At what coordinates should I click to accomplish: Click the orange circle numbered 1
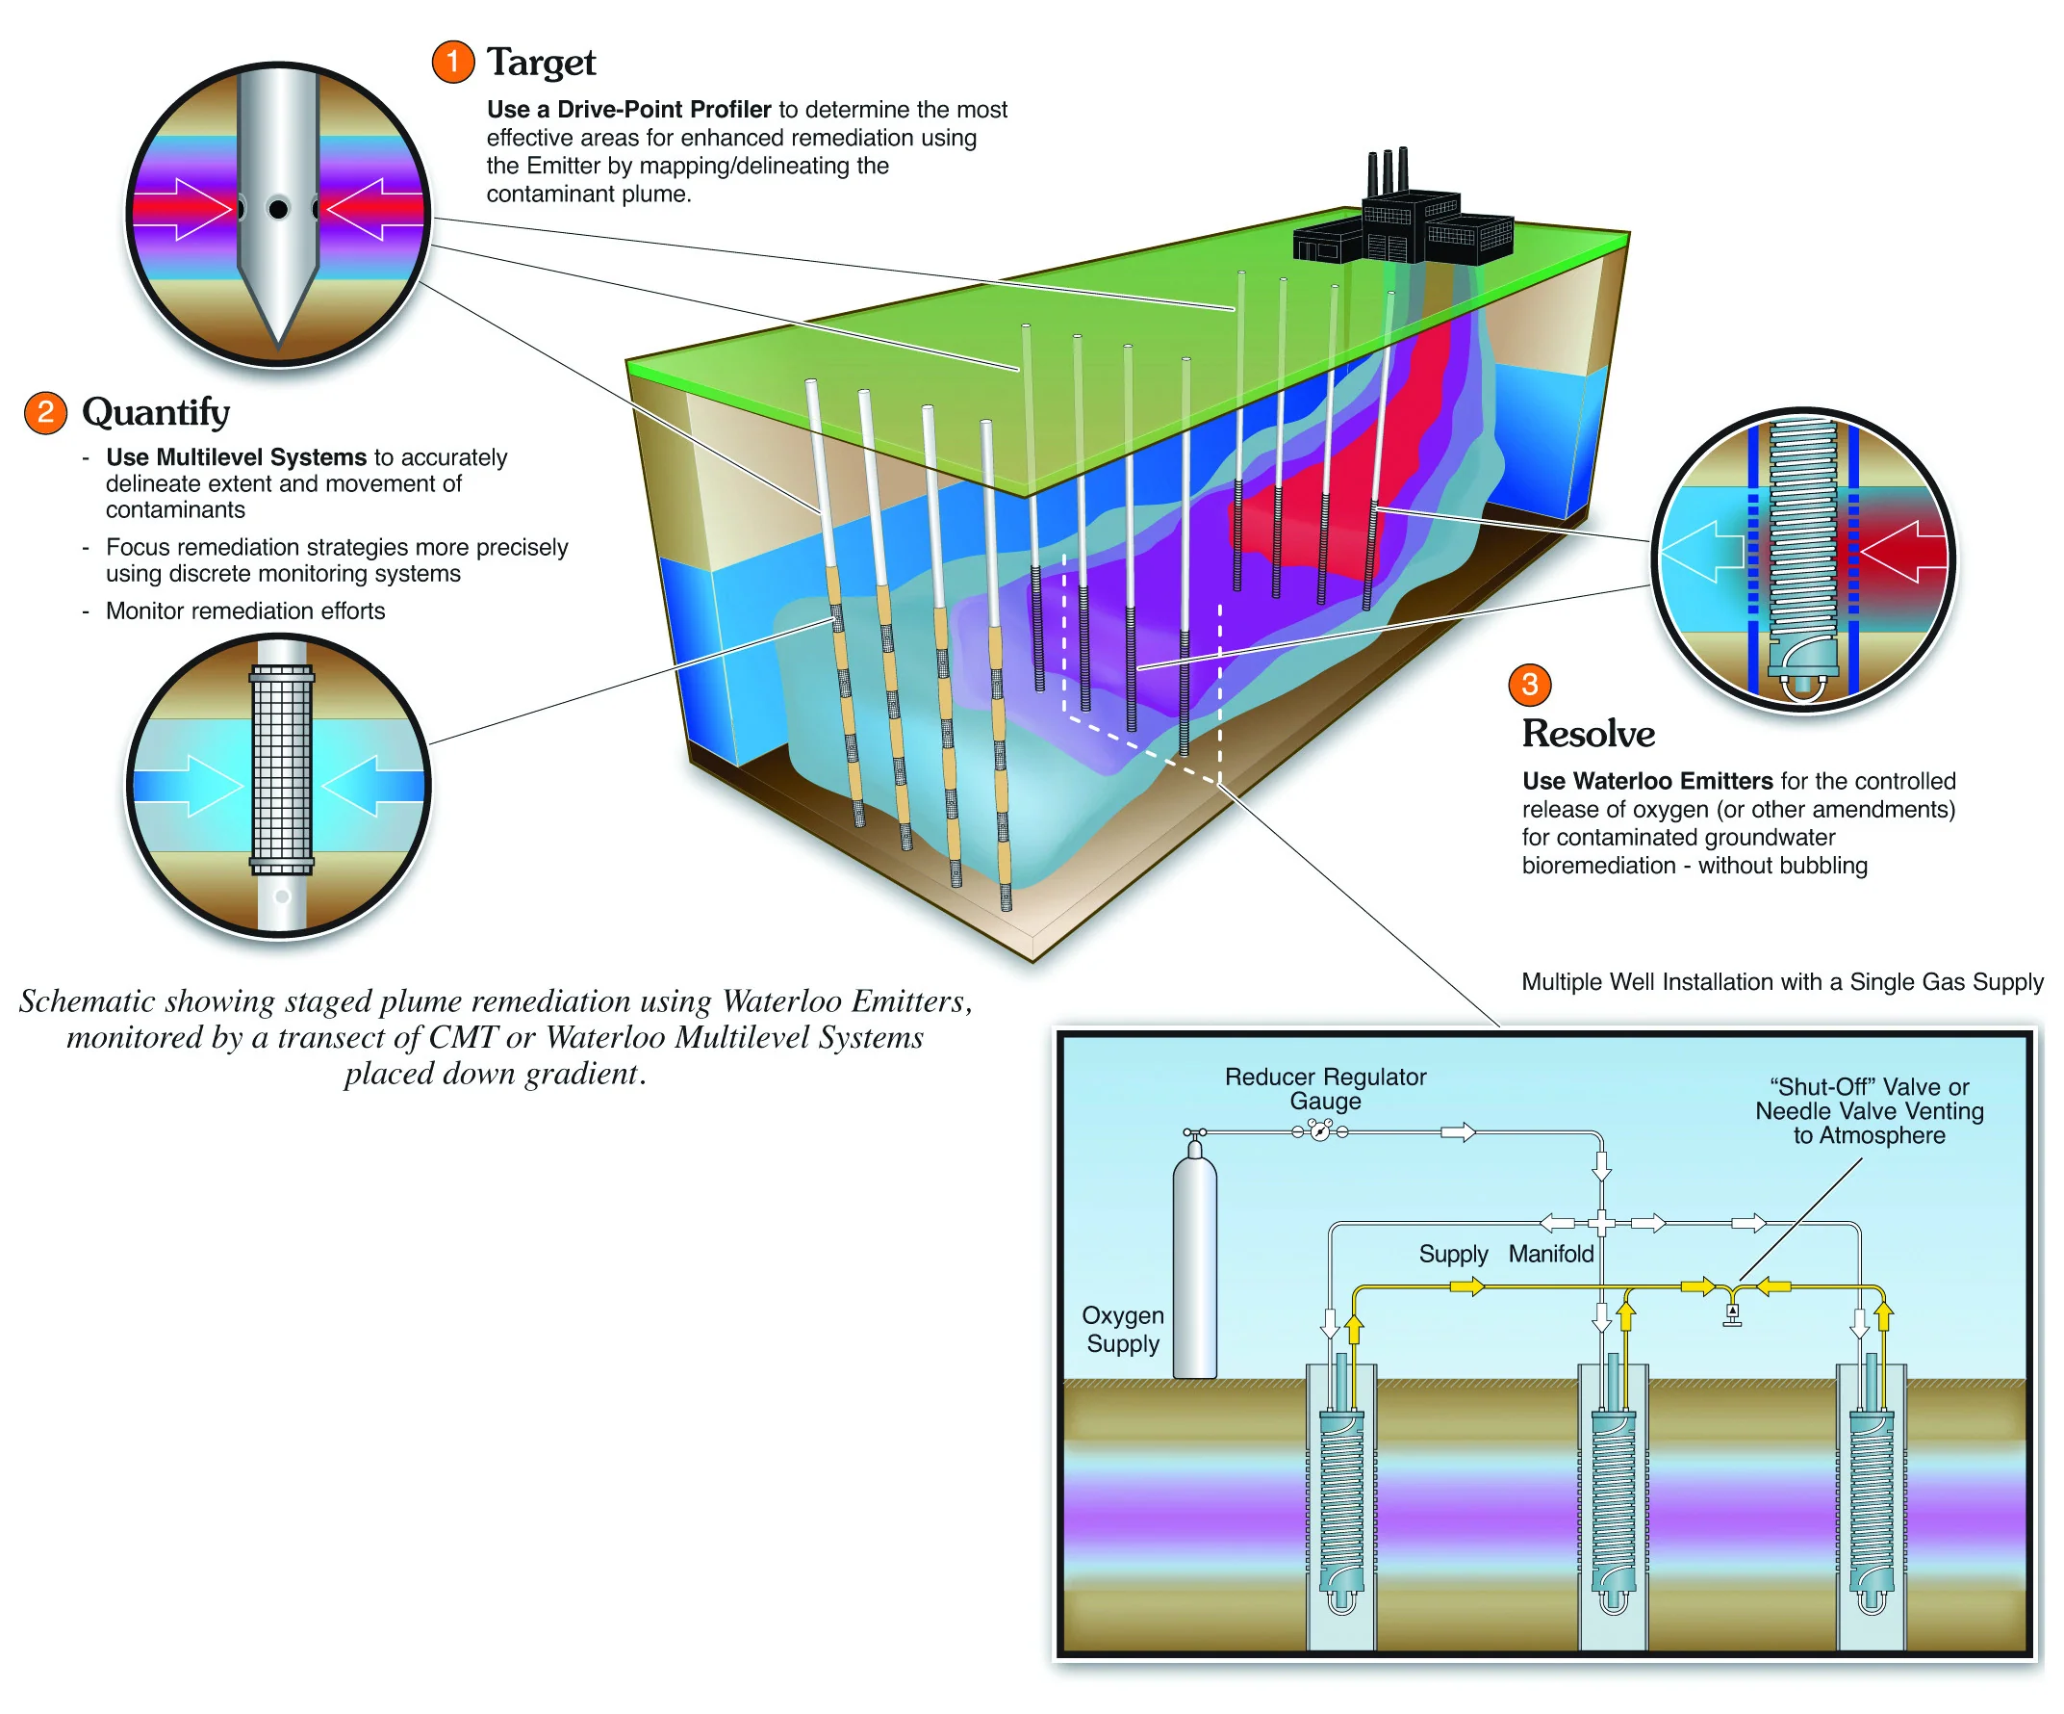(x=452, y=62)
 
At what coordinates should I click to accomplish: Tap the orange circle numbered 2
(x=45, y=412)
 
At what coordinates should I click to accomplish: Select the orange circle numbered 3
(x=1529, y=685)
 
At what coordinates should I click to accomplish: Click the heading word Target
(x=542, y=63)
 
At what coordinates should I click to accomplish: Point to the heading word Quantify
(x=156, y=413)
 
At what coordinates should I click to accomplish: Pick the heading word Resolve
(x=1589, y=734)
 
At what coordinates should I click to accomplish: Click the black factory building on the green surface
(x=1403, y=223)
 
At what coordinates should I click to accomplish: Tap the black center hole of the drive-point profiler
(x=279, y=209)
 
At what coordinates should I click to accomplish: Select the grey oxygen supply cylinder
(x=1194, y=1264)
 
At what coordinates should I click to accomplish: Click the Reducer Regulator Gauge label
(x=1325, y=1088)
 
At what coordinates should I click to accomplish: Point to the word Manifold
(x=1551, y=1254)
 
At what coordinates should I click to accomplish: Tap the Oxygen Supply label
(x=1122, y=1330)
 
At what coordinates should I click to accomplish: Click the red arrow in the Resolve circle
(x=1904, y=552)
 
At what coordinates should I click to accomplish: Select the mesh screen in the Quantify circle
(x=282, y=770)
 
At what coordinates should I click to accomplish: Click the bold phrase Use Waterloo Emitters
(x=1647, y=781)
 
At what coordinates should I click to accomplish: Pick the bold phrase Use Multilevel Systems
(x=236, y=457)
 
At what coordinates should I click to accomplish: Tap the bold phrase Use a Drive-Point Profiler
(x=629, y=109)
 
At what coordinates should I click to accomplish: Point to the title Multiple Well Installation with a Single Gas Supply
(x=1782, y=982)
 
